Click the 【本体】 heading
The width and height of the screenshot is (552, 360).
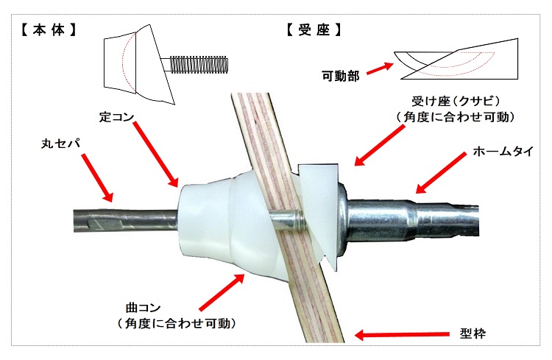point(49,30)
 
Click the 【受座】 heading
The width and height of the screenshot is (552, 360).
point(314,30)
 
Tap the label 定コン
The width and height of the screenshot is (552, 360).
point(117,116)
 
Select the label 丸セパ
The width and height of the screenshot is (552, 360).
point(61,144)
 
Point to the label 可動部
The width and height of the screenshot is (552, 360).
point(341,75)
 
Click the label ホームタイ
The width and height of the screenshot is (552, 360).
point(503,152)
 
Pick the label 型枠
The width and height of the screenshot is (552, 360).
point(473,333)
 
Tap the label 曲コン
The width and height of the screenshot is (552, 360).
point(144,308)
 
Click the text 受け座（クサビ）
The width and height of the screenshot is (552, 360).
point(456,102)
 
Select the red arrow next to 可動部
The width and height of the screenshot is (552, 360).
point(380,68)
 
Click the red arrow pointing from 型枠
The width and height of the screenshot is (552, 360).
point(402,335)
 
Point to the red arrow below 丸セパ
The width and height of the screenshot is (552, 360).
point(97,178)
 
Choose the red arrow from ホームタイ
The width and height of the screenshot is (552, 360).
point(441,173)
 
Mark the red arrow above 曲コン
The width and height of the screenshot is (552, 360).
point(222,292)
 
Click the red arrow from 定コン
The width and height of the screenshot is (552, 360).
point(156,155)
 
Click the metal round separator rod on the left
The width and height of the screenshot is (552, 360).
point(125,220)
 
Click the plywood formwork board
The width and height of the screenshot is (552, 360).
point(285,219)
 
